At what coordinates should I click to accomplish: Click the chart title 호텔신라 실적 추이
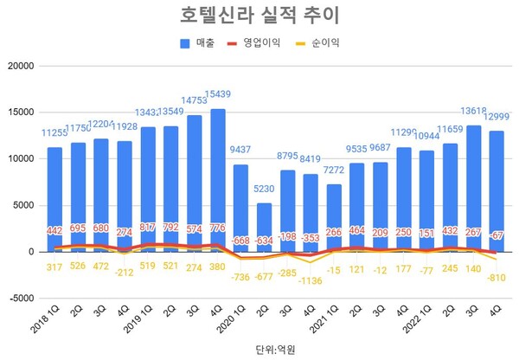259,16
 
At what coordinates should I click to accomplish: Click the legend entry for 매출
204,44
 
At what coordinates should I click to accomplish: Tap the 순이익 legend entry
324,44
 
